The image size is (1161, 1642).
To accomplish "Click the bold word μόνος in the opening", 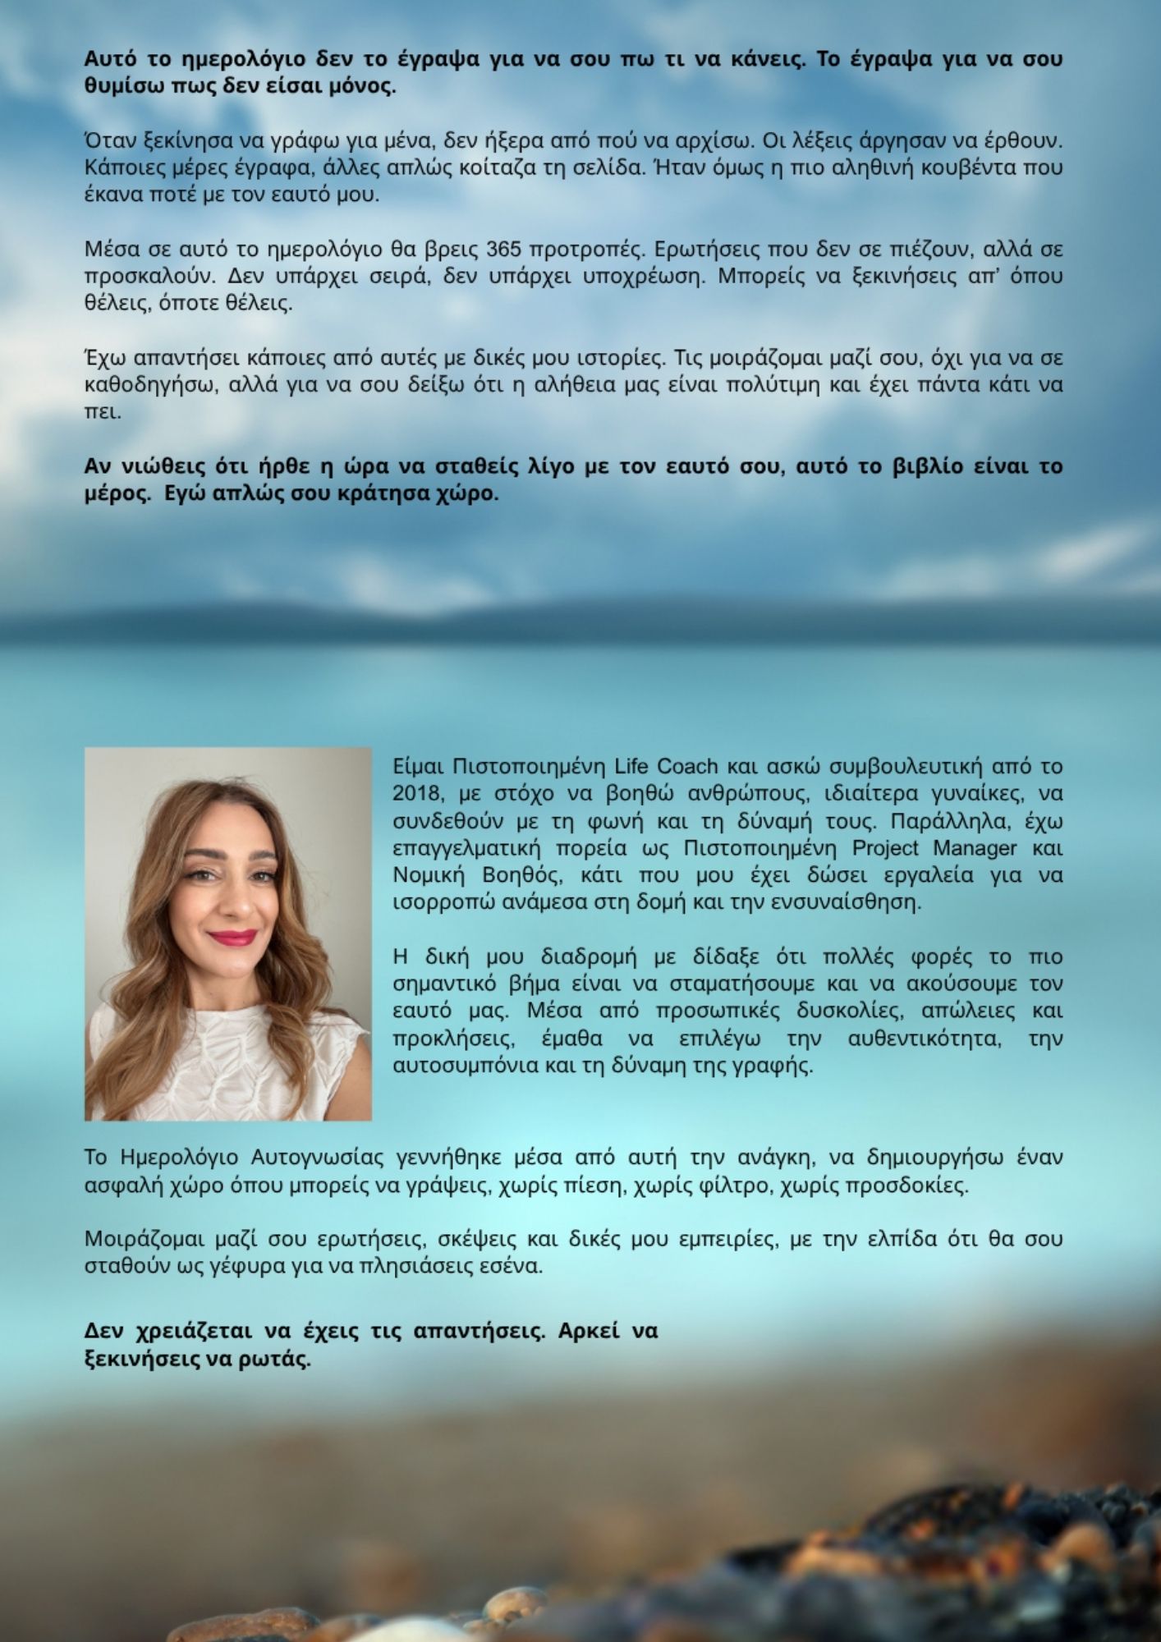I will click(363, 86).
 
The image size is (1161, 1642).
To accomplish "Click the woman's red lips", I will click(232, 937).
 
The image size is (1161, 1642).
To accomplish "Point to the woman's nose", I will click(232, 901).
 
